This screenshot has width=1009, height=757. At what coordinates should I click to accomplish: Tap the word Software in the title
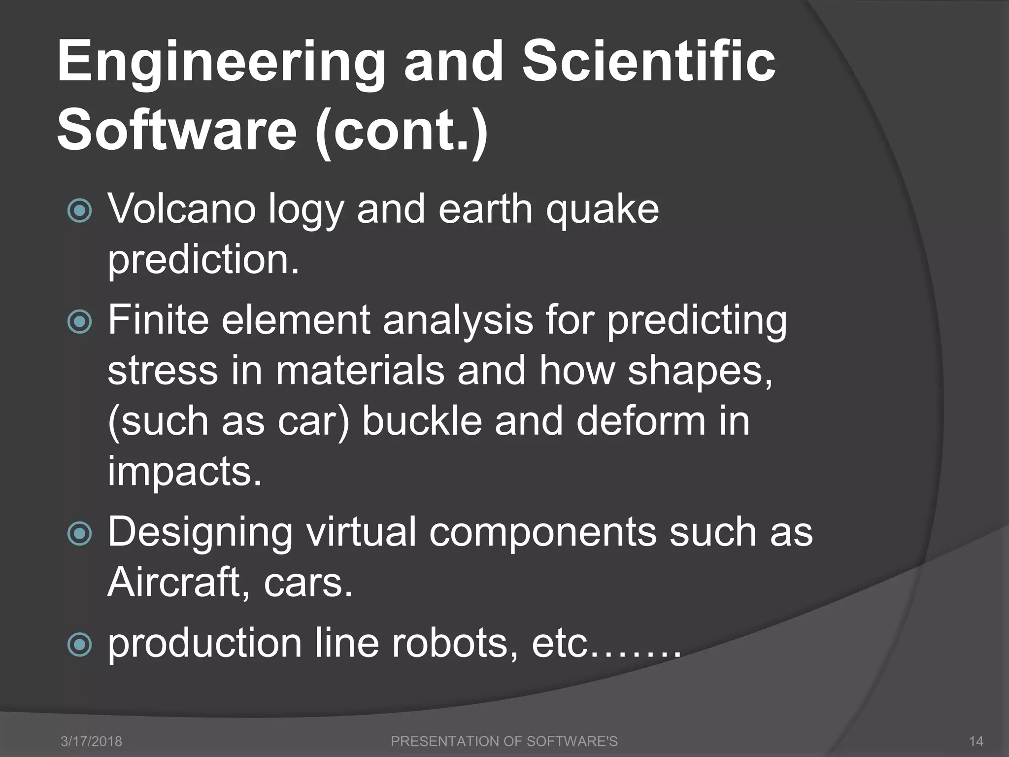[x=177, y=131]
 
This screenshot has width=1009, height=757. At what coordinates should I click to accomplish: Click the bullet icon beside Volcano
[x=79, y=211]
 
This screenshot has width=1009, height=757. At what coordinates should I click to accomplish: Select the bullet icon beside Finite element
[x=79, y=322]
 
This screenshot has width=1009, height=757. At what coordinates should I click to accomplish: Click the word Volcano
[x=182, y=209]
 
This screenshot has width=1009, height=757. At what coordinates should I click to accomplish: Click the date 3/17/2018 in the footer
[x=91, y=741]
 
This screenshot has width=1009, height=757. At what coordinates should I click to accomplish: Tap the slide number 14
[x=976, y=741]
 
